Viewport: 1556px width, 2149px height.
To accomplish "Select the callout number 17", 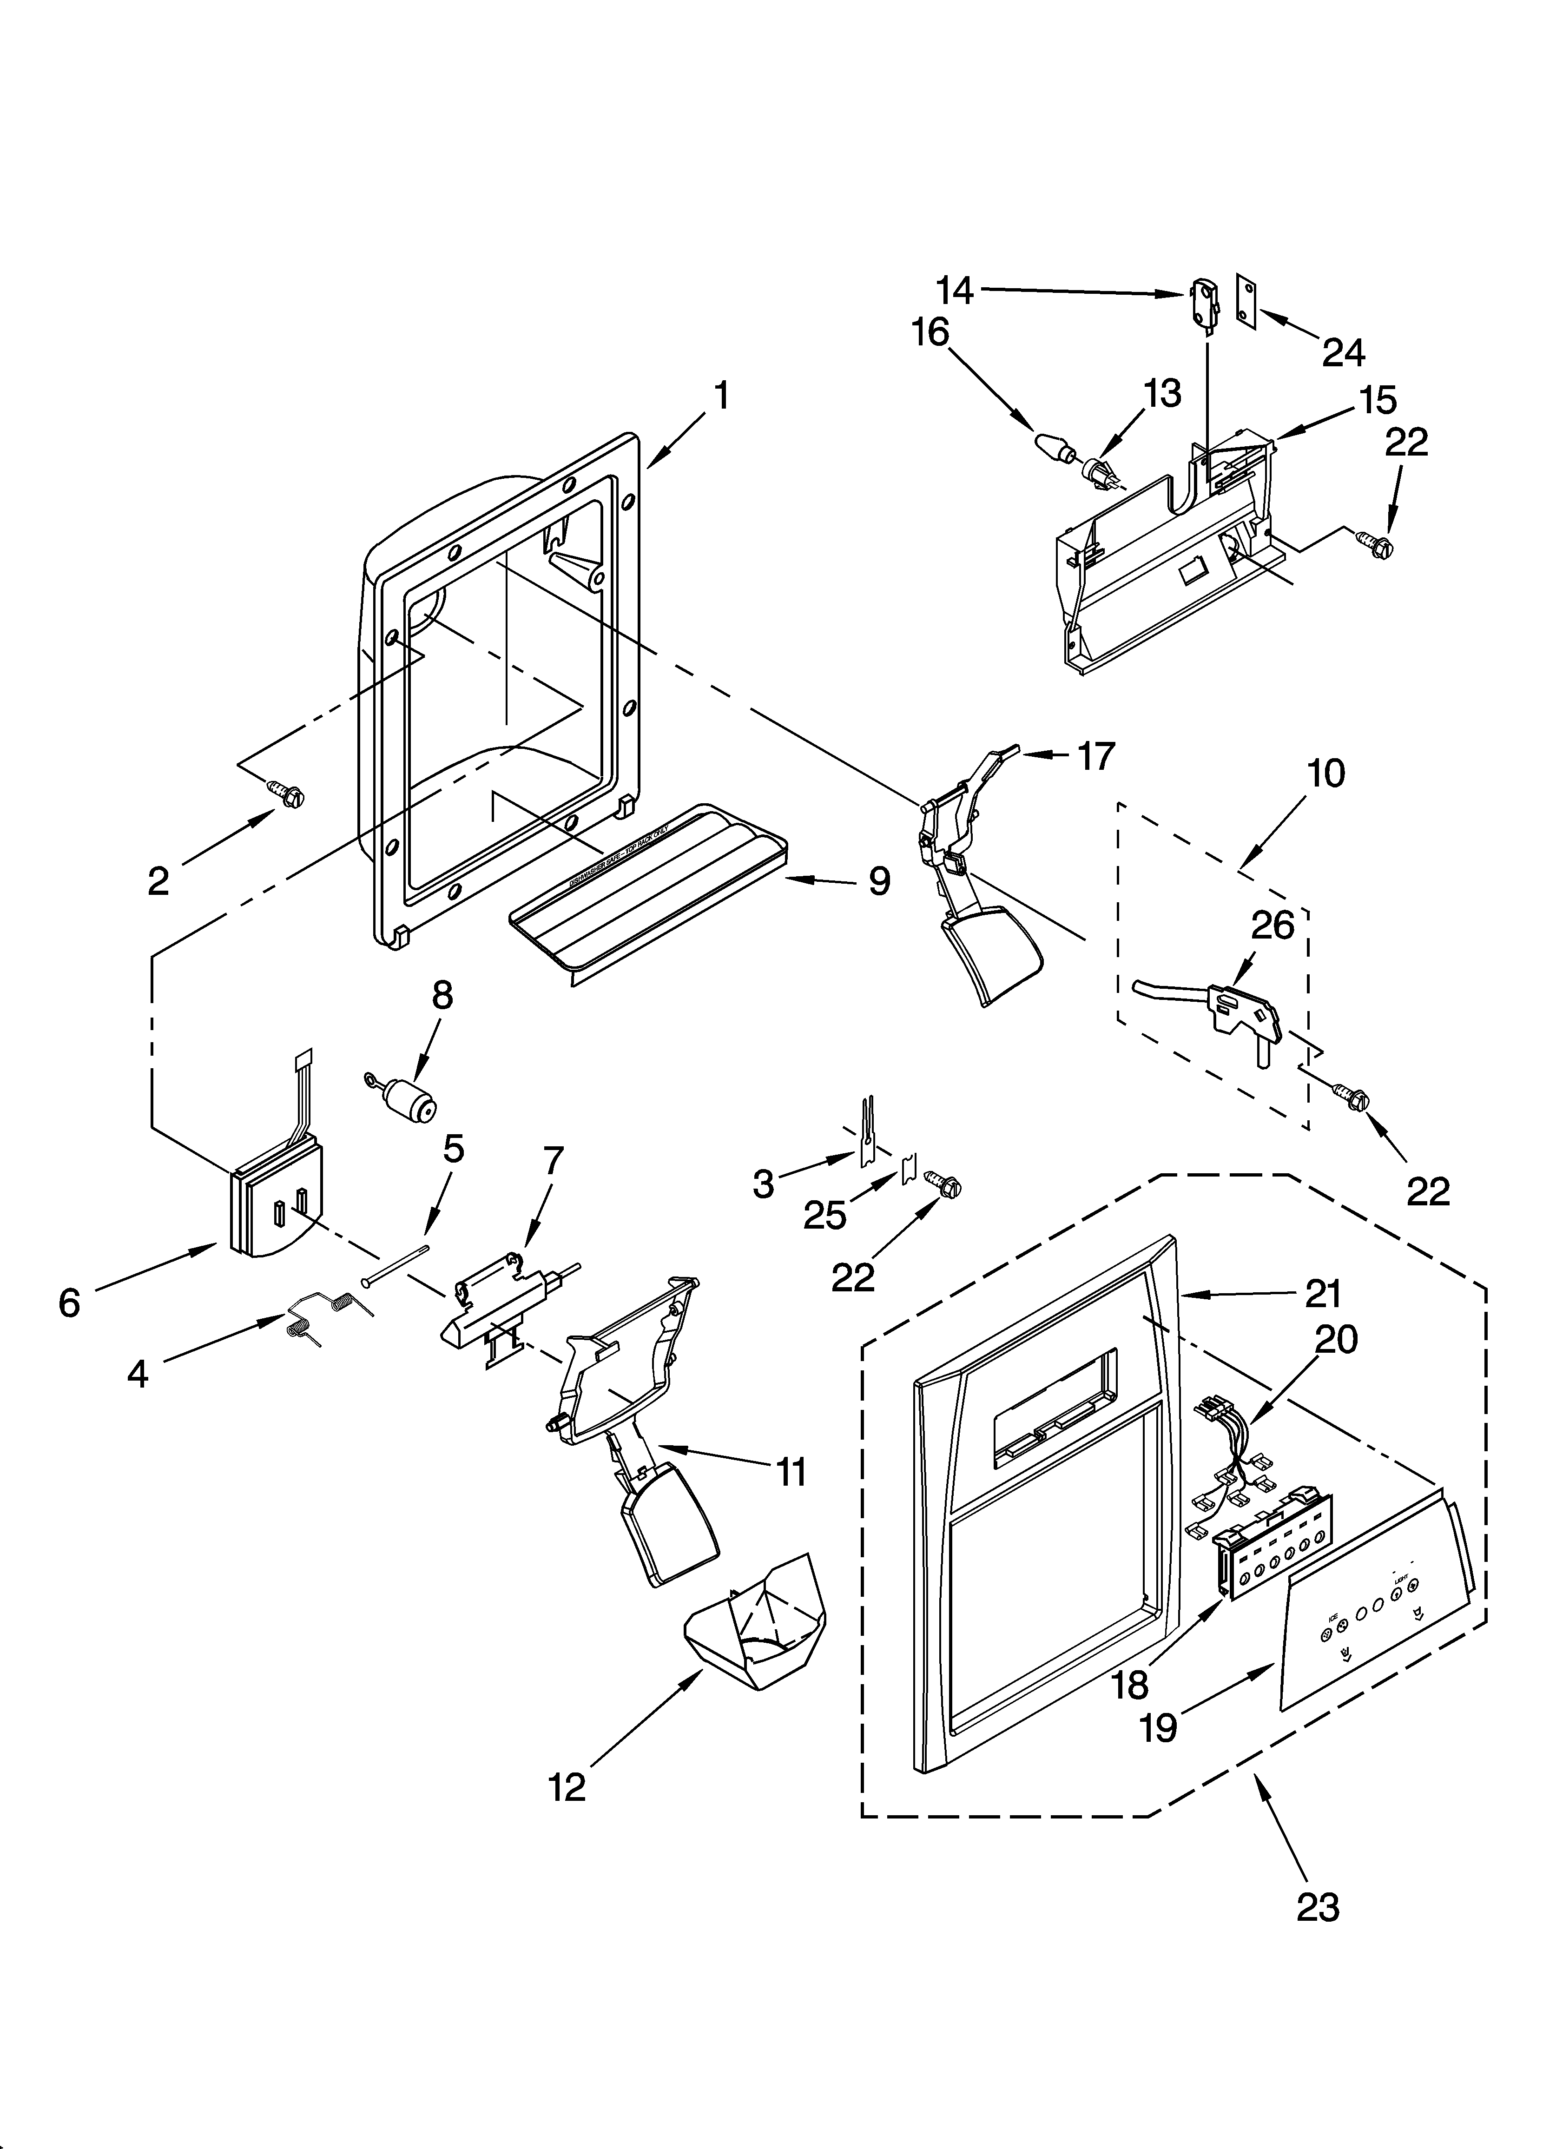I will pyautogui.click(x=1095, y=756).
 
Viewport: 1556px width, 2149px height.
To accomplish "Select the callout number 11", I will pyautogui.click(x=791, y=1472).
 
